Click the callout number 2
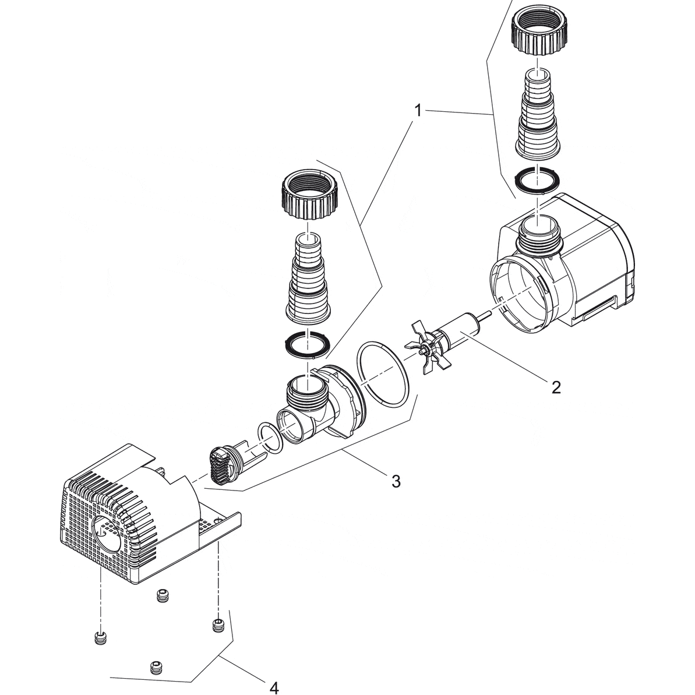pos(556,386)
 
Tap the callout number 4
pos(274,687)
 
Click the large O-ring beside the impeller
pos(383,372)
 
